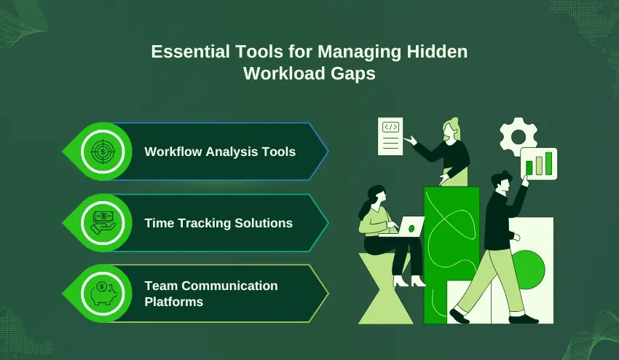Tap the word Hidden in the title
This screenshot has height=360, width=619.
pyautogui.click(x=439, y=52)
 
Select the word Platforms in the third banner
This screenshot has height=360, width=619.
pyautogui.click(x=173, y=301)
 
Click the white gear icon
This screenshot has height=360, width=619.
pyautogui.click(x=518, y=136)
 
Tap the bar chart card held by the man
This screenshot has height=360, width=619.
pyautogui.click(x=538, y=163)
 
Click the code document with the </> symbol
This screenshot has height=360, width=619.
pyautogui.click(x=391, y=136)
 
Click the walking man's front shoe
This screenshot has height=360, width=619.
pyautogui.click(x=460, y=316)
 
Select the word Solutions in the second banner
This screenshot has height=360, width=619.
pyautogui.click(x=262, y=222)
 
